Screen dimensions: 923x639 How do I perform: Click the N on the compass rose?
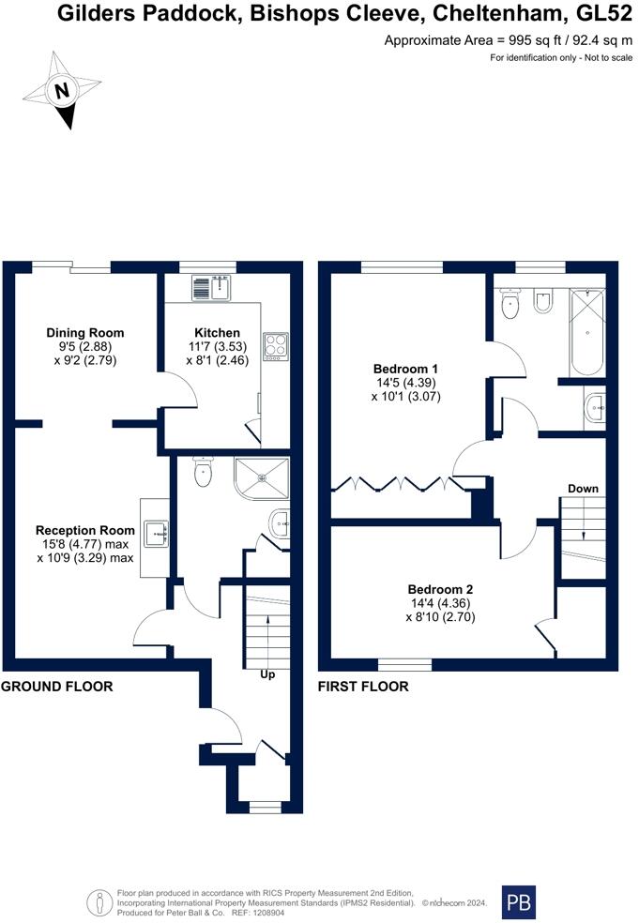pos(62,91)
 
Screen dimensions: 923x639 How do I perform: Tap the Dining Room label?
pos(85,333)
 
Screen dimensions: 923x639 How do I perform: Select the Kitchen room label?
pos(217,333)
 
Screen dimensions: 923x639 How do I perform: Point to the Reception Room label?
pos(84,530)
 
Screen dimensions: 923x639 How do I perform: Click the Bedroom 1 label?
pos(404,368)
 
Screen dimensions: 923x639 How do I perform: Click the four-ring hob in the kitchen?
pos(276,345)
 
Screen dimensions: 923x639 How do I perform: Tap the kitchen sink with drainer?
pos(212,287)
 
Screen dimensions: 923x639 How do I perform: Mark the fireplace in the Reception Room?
pos(156,536)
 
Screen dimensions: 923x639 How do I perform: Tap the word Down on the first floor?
pos(583,489)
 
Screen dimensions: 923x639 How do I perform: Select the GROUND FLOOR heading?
pos(56,687)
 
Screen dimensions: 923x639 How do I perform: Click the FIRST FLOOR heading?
pos(363,687)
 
